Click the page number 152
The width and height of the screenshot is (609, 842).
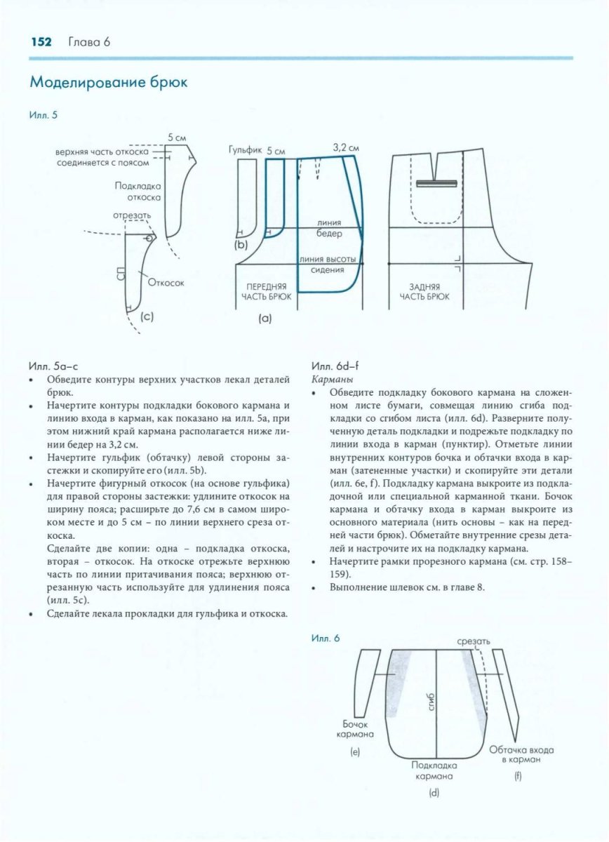tap(41, 42)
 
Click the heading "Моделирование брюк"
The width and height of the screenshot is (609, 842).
tap(108, 83)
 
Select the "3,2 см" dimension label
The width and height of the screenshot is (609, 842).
tap(345, 148)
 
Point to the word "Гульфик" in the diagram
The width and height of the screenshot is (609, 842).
tap(245, 150)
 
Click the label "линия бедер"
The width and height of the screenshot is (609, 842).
tap(330, 228)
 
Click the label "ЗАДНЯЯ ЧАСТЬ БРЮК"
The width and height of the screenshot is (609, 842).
tap(424, 292)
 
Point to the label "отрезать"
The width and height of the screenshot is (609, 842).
tap(132, 215)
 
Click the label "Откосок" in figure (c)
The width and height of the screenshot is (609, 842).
tap(166, 283)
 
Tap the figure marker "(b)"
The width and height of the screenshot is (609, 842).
tap(241, 245)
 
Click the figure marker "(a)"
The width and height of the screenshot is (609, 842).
tap(265, 318)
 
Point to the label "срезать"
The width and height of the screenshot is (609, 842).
tap(473, 641)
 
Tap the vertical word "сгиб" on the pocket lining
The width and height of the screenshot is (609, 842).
tap(431, 702)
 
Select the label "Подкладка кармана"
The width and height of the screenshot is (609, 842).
tap(434, 770)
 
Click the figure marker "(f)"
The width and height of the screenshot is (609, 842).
tap(518, 776)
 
